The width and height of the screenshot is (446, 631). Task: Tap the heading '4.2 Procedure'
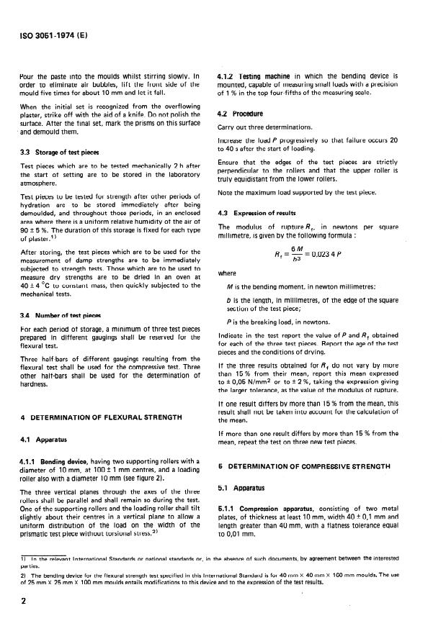pos(240,114)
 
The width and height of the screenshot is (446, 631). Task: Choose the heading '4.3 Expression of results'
pos(259,213)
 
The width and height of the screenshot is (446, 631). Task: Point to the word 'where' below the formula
pos(226,273)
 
